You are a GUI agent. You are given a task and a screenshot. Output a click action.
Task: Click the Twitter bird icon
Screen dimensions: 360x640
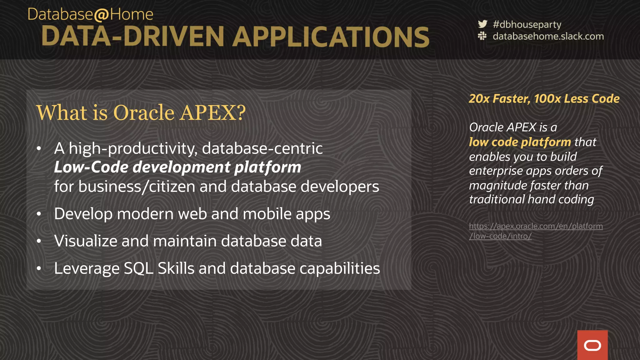point(482,24)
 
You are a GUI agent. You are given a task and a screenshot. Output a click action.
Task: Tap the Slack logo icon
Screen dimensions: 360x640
point(482,36)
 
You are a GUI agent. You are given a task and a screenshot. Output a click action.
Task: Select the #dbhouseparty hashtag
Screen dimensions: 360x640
point(527,24)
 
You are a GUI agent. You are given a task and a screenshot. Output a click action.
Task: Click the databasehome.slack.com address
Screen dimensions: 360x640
point(548,36)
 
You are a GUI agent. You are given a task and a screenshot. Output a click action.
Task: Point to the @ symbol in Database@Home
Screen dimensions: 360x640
point(101,15)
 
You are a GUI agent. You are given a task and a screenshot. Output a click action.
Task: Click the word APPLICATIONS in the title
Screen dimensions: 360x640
point(331,37)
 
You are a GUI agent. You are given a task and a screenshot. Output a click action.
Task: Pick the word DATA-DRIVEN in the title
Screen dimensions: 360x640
point(132,37)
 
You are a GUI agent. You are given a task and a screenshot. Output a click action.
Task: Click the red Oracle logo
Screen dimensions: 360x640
point(592,345)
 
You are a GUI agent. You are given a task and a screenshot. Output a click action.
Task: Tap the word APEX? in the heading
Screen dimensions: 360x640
point(213,112)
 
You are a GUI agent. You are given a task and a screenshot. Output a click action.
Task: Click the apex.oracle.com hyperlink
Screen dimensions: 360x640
point(536,231)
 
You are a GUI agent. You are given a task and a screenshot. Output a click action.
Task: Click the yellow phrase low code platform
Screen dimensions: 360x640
point(520,142)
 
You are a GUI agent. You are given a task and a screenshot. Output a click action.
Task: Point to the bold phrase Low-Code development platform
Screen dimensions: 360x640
point(177,167)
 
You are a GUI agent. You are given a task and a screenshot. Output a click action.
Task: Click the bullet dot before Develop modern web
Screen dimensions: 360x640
point(39,214)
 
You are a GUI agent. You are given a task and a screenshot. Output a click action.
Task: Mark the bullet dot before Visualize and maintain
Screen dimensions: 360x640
point(39,241)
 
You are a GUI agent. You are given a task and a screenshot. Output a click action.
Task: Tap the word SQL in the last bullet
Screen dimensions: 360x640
point(138,268)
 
